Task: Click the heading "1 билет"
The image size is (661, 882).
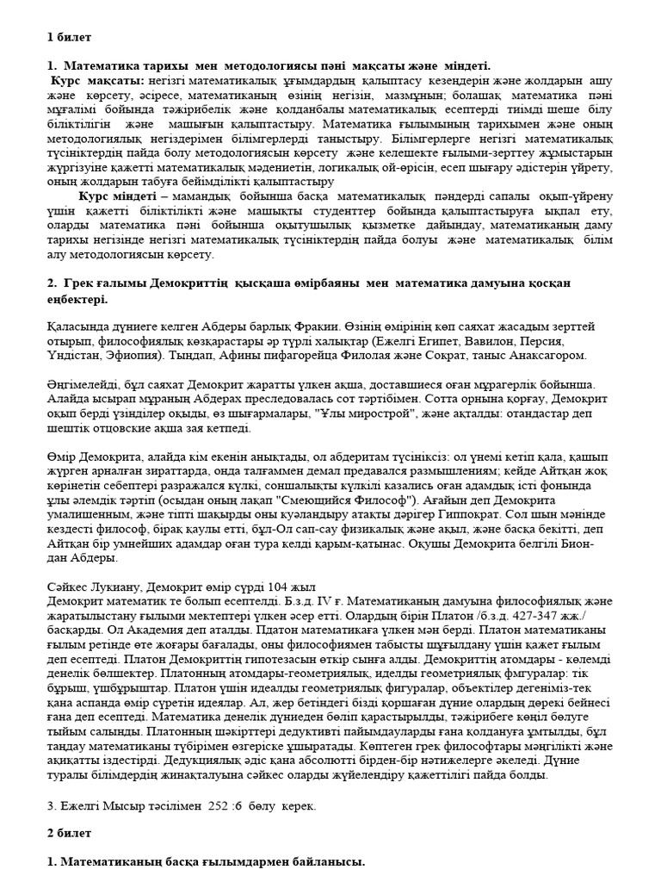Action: coord(68,37)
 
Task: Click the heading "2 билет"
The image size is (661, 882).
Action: coord(68,835)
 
